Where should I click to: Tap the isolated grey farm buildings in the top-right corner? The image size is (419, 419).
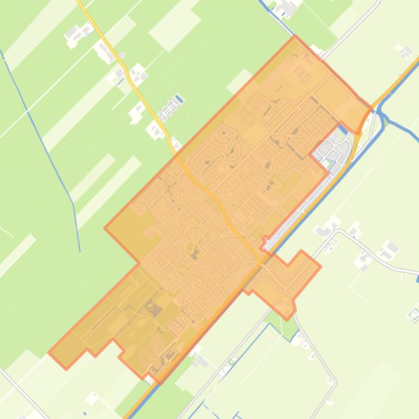point(404,52)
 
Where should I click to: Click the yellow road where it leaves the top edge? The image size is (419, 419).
point(81,3)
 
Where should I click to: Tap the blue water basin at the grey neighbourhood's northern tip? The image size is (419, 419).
point(342,130)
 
